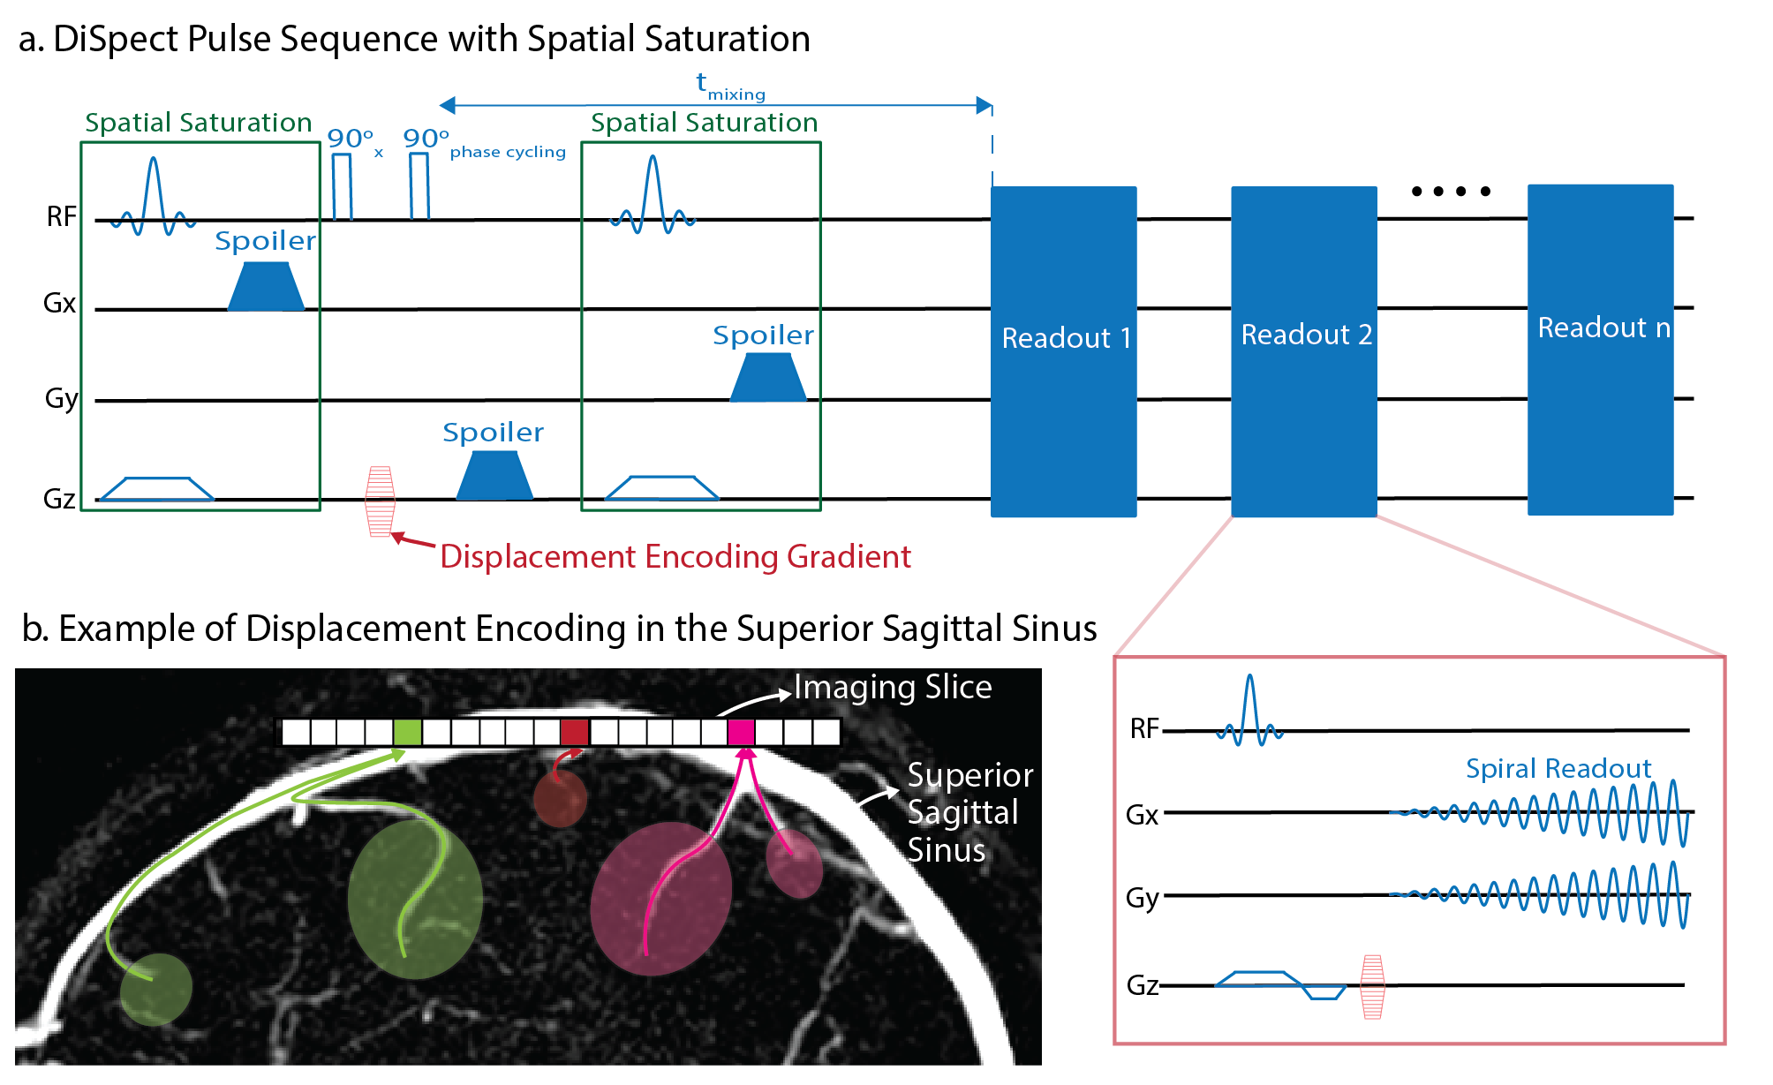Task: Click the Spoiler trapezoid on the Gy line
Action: (768, 379)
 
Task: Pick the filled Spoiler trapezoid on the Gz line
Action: (494, 476)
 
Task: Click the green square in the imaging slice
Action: (407, 732)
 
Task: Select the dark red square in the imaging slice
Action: (574, 732)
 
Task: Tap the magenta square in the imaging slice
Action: (741, 732)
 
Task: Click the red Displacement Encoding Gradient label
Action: (675, 557)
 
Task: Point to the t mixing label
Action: (729, 86)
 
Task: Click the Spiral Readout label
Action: (1558, 769)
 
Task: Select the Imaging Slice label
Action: (893, 688)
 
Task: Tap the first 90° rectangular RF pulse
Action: (342, 186)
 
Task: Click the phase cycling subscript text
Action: (508, 152)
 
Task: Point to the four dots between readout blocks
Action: (1451, 191)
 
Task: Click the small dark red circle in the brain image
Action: (560, 799)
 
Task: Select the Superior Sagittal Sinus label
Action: (969, 812)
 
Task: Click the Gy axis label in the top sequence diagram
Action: (61, 398)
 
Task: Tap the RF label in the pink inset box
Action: (1144, 729)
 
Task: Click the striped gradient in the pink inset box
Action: (1372, 987)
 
